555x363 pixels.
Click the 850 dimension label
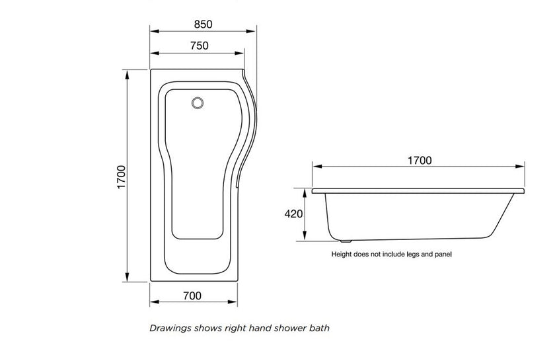(203, 24)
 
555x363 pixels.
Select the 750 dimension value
(199, 46)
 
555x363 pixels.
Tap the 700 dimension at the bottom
(192, 296)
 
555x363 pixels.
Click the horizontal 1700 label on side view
(418, 160)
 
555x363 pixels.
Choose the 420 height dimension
(293, 214)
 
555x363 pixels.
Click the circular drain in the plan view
(197, 103)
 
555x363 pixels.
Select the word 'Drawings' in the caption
(170, 327)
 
